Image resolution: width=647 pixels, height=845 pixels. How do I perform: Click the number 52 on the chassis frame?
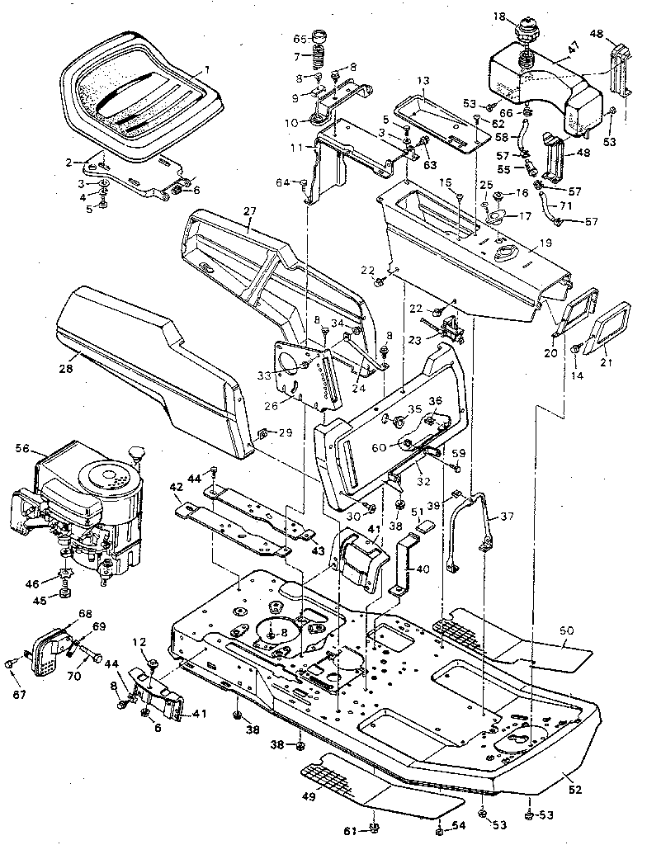tap(575, 790)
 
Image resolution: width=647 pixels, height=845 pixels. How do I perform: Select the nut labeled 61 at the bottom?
tap(373, 828)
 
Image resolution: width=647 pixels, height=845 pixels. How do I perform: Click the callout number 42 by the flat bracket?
tap(176, 487)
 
